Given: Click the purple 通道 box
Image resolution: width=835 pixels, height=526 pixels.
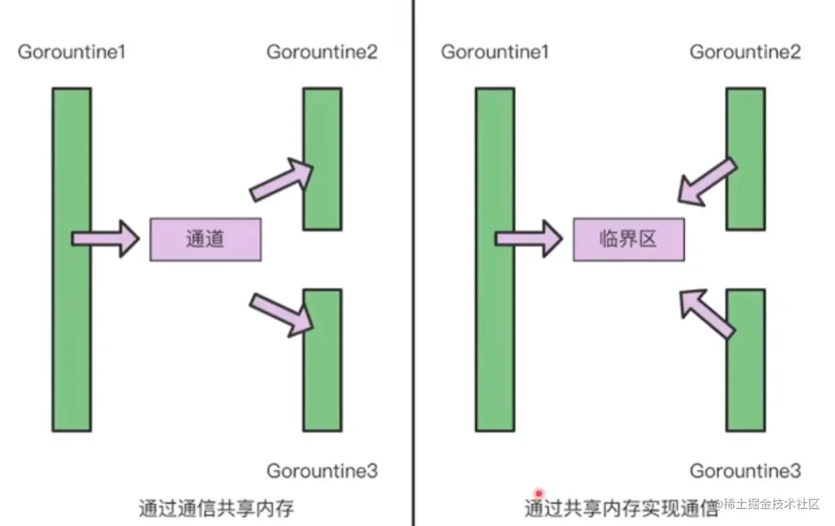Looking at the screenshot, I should [x=205, y=239].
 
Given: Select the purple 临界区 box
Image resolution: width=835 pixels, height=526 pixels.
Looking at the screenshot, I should [x=628, y=239].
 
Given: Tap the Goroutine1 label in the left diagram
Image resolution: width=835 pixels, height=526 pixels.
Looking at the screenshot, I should [x=71, y=52].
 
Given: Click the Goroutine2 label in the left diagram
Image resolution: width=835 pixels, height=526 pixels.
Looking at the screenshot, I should [x=322, y=52].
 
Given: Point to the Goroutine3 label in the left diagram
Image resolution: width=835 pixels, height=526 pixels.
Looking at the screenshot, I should [x=322, y=471].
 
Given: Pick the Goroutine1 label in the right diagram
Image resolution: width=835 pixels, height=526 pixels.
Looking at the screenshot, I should [x=495, y=52].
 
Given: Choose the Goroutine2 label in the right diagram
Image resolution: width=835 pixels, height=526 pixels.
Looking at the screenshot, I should [x=745, y=52].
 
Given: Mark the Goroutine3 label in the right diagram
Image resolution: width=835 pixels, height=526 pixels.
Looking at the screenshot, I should [x=745, y=471].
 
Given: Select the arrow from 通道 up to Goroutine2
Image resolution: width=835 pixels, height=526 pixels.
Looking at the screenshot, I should [x=281, y=180].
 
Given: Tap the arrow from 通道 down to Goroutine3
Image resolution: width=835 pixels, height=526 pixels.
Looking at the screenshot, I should [x=283, y=313].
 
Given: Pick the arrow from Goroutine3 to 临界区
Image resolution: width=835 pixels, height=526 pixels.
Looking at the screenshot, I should [x=705, y=312].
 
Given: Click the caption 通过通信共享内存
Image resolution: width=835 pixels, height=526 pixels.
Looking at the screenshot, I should [x=217, y=507].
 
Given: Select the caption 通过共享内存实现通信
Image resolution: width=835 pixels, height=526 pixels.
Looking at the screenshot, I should [x=620, y=507].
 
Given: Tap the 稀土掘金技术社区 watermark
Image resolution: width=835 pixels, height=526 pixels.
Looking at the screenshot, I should [x=771, y=504].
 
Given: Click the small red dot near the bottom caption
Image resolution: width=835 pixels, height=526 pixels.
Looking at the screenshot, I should [x=538, y=494].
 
